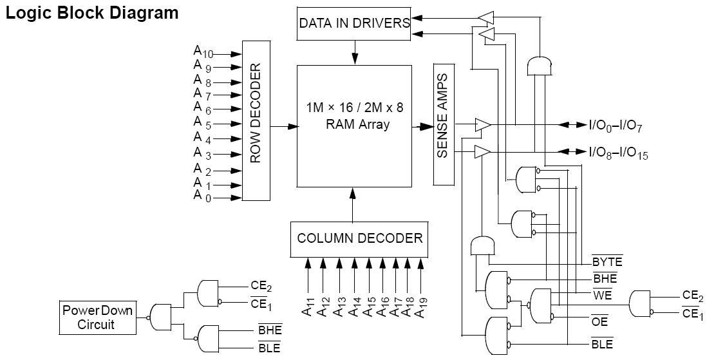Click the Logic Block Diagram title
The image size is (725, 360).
pos(92,13)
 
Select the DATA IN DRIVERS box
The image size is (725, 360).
pos(354,23)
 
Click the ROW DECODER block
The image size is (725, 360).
pos(255,121)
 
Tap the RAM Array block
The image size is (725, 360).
pos(354,126)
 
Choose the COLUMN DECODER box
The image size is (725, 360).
pos(359,238)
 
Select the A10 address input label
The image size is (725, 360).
pos(203,52)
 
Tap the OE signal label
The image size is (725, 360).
pos(599,320)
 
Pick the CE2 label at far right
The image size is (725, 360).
pos(693,296)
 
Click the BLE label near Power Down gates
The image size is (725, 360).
pos(269,348)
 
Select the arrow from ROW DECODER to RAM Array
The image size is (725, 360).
pos(283,127)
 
